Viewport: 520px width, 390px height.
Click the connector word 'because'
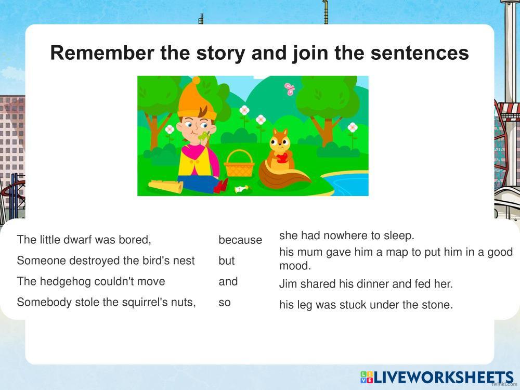[x=240, y=240]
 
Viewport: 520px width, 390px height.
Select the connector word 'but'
[x=227, y=261]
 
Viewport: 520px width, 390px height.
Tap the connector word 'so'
[x=225, y=303]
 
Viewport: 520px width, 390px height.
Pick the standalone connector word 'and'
[x=228, y=281]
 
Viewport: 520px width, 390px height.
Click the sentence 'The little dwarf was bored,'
[x=84, y=239]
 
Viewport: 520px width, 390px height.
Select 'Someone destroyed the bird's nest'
[x=106, y=261]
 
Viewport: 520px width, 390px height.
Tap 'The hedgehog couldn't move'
[x=91, y=281]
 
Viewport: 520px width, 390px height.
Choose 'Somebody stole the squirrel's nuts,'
[x=107, y=302]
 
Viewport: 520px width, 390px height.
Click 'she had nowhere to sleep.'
[x=347, y=236]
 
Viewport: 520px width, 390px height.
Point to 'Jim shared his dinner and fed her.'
[x=366, y=284]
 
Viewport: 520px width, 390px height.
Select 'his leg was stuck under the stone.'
[x=366, y=305]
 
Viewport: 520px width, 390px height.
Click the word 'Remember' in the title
[x=102, y=53]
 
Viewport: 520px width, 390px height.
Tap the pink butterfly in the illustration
[x=289, y=89]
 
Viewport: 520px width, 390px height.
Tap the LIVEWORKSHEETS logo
[x=437, y=378]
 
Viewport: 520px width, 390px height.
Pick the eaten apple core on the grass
[x=241, y=189]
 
